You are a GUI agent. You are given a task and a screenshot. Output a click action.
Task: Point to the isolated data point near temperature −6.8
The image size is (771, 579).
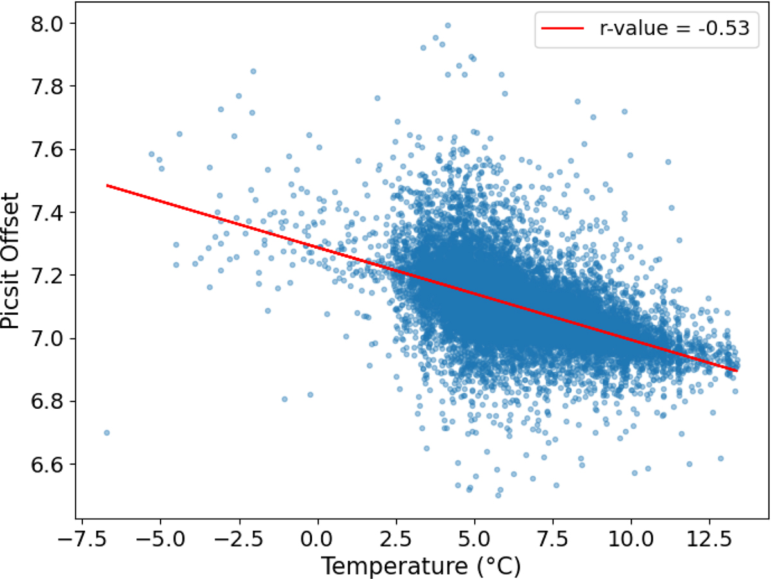[x=107, y=432]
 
